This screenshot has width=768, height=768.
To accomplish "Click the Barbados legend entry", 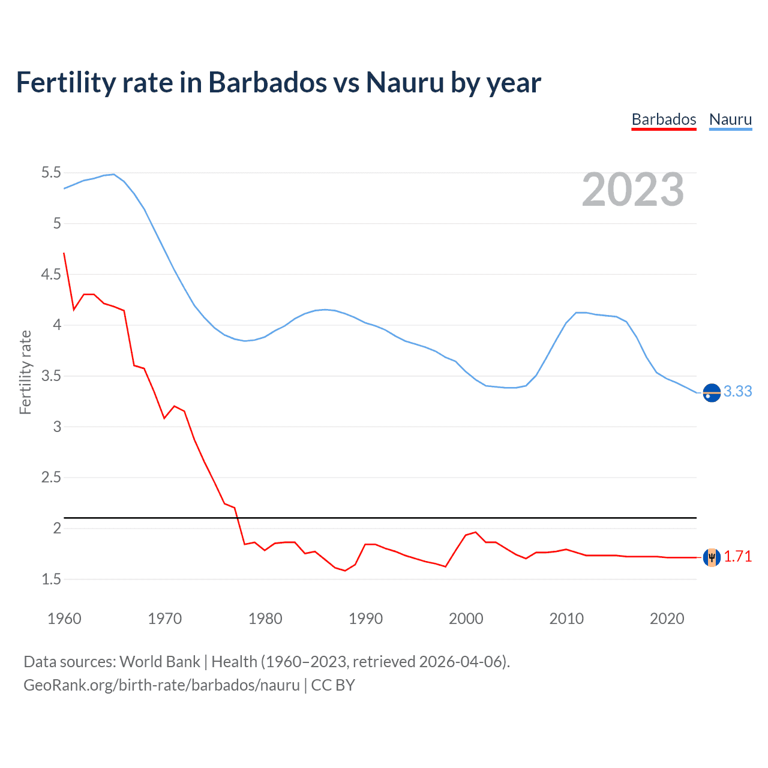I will click(664, 119).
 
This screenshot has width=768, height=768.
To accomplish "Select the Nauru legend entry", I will click(730, 119).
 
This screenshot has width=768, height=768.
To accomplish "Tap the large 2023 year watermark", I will click(633, 190).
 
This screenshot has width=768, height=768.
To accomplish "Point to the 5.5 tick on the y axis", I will click(51, 173).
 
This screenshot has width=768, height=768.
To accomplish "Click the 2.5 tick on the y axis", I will click(51, 478).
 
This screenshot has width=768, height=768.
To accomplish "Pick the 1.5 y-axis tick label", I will click(51, 579).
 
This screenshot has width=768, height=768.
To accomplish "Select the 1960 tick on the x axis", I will click(64, 619).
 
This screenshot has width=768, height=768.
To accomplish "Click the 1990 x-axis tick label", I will click(365, 619).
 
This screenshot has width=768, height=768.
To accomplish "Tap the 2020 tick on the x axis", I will click(667, 619).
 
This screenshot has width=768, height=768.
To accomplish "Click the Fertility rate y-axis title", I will click(25, 372).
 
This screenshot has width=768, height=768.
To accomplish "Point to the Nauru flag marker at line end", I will click(712, 392).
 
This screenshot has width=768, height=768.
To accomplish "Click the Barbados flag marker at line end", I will click(712, 557).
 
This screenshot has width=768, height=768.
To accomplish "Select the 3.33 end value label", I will click(737, 391).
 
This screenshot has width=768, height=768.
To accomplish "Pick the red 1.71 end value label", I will click(737, 556).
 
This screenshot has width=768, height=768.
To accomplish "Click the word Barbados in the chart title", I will click(268, 82).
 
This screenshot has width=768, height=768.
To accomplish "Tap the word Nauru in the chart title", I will click(405, 82).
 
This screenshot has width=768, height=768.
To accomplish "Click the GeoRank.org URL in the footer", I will click(161, 685).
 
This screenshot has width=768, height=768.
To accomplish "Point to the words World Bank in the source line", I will click(160, 661).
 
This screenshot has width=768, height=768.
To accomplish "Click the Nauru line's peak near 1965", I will click(113, 174).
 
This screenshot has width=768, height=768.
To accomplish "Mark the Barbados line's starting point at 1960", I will click(64, 253).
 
